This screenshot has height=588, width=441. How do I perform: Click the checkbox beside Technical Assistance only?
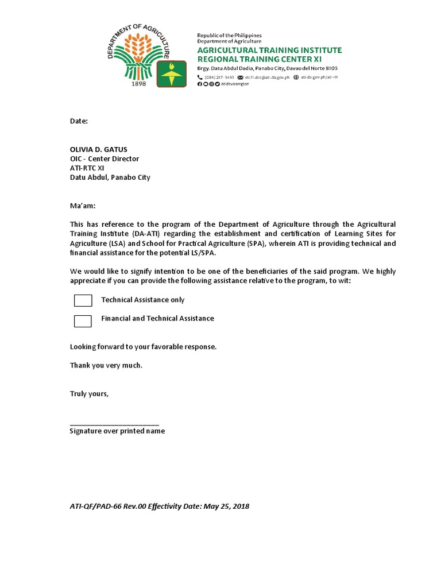(83, 300)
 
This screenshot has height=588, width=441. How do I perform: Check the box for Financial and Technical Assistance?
(83, 321)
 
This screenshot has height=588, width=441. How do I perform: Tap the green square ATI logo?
(171, 75)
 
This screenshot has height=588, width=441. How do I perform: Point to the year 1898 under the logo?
(139, 83)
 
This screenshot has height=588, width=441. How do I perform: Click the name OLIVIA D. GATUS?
(99, 149)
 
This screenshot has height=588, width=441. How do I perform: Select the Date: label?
(79, 122)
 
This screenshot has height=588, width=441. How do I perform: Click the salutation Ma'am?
(83, 205)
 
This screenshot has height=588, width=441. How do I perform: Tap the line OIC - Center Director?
(104, 158)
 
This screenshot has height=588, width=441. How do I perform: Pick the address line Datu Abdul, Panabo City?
(110, 177)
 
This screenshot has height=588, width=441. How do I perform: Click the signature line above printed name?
(114, 423)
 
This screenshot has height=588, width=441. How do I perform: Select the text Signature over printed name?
(117, 431)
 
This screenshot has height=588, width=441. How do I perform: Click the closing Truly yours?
(89, 394)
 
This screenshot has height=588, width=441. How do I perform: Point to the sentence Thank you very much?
(106, 365)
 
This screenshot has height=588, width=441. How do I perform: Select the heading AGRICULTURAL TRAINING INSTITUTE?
(269, 50)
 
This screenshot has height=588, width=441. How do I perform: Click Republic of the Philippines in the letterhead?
(229, 36)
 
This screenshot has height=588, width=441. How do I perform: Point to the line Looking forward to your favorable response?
(143, 347)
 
